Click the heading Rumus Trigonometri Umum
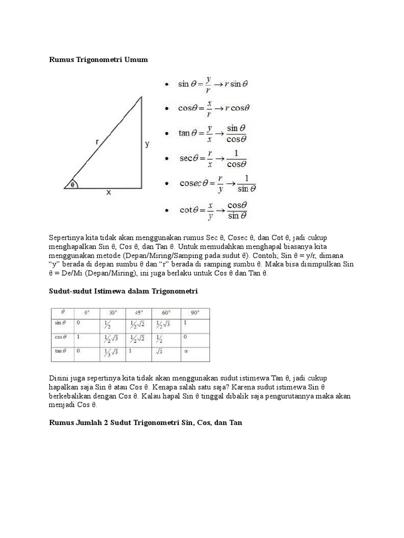pyautogui.click(x=98, y=59)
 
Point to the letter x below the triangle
pyautogui.click(x=109, y=193)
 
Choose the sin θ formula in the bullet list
pyautogui.click(x=213, y=84)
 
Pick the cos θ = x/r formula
pyautogui.click(x=214, y=108)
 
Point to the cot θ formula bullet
pyautogui.click(x=213, y=210)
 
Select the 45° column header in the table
pyautogui.click(x=138, y=312)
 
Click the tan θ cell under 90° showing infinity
pyautogui.click(x=186, y=351)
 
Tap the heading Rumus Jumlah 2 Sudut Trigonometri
pyautogui.click(x=145, y=422)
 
